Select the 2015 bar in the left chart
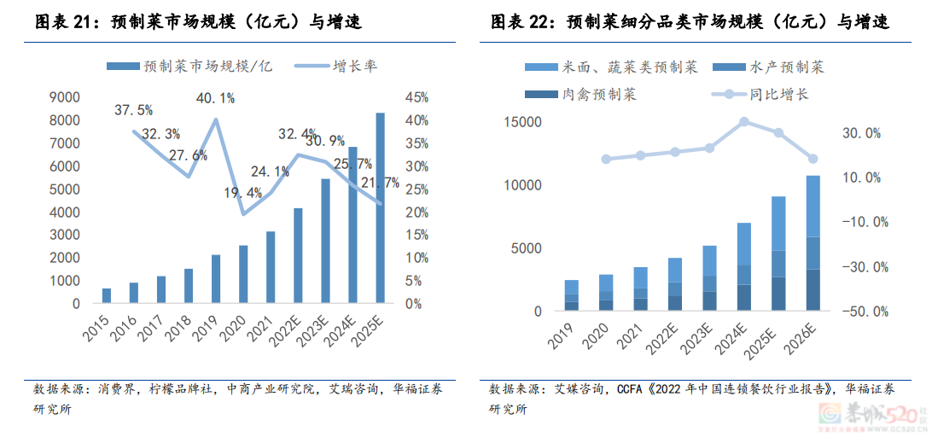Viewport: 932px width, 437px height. tap(107, 295)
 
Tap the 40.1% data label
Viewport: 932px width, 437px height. tap(214, 99)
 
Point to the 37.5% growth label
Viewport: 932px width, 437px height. tap(133, 110)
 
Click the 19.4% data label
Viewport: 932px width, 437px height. tap(242, 194)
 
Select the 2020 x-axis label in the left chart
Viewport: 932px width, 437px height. tap(238, 327)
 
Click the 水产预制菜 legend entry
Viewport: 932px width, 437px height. tap(784, 67)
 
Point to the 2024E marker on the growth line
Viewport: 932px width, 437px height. tap(744, 122)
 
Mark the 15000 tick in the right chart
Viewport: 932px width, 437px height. tap(522, 122)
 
